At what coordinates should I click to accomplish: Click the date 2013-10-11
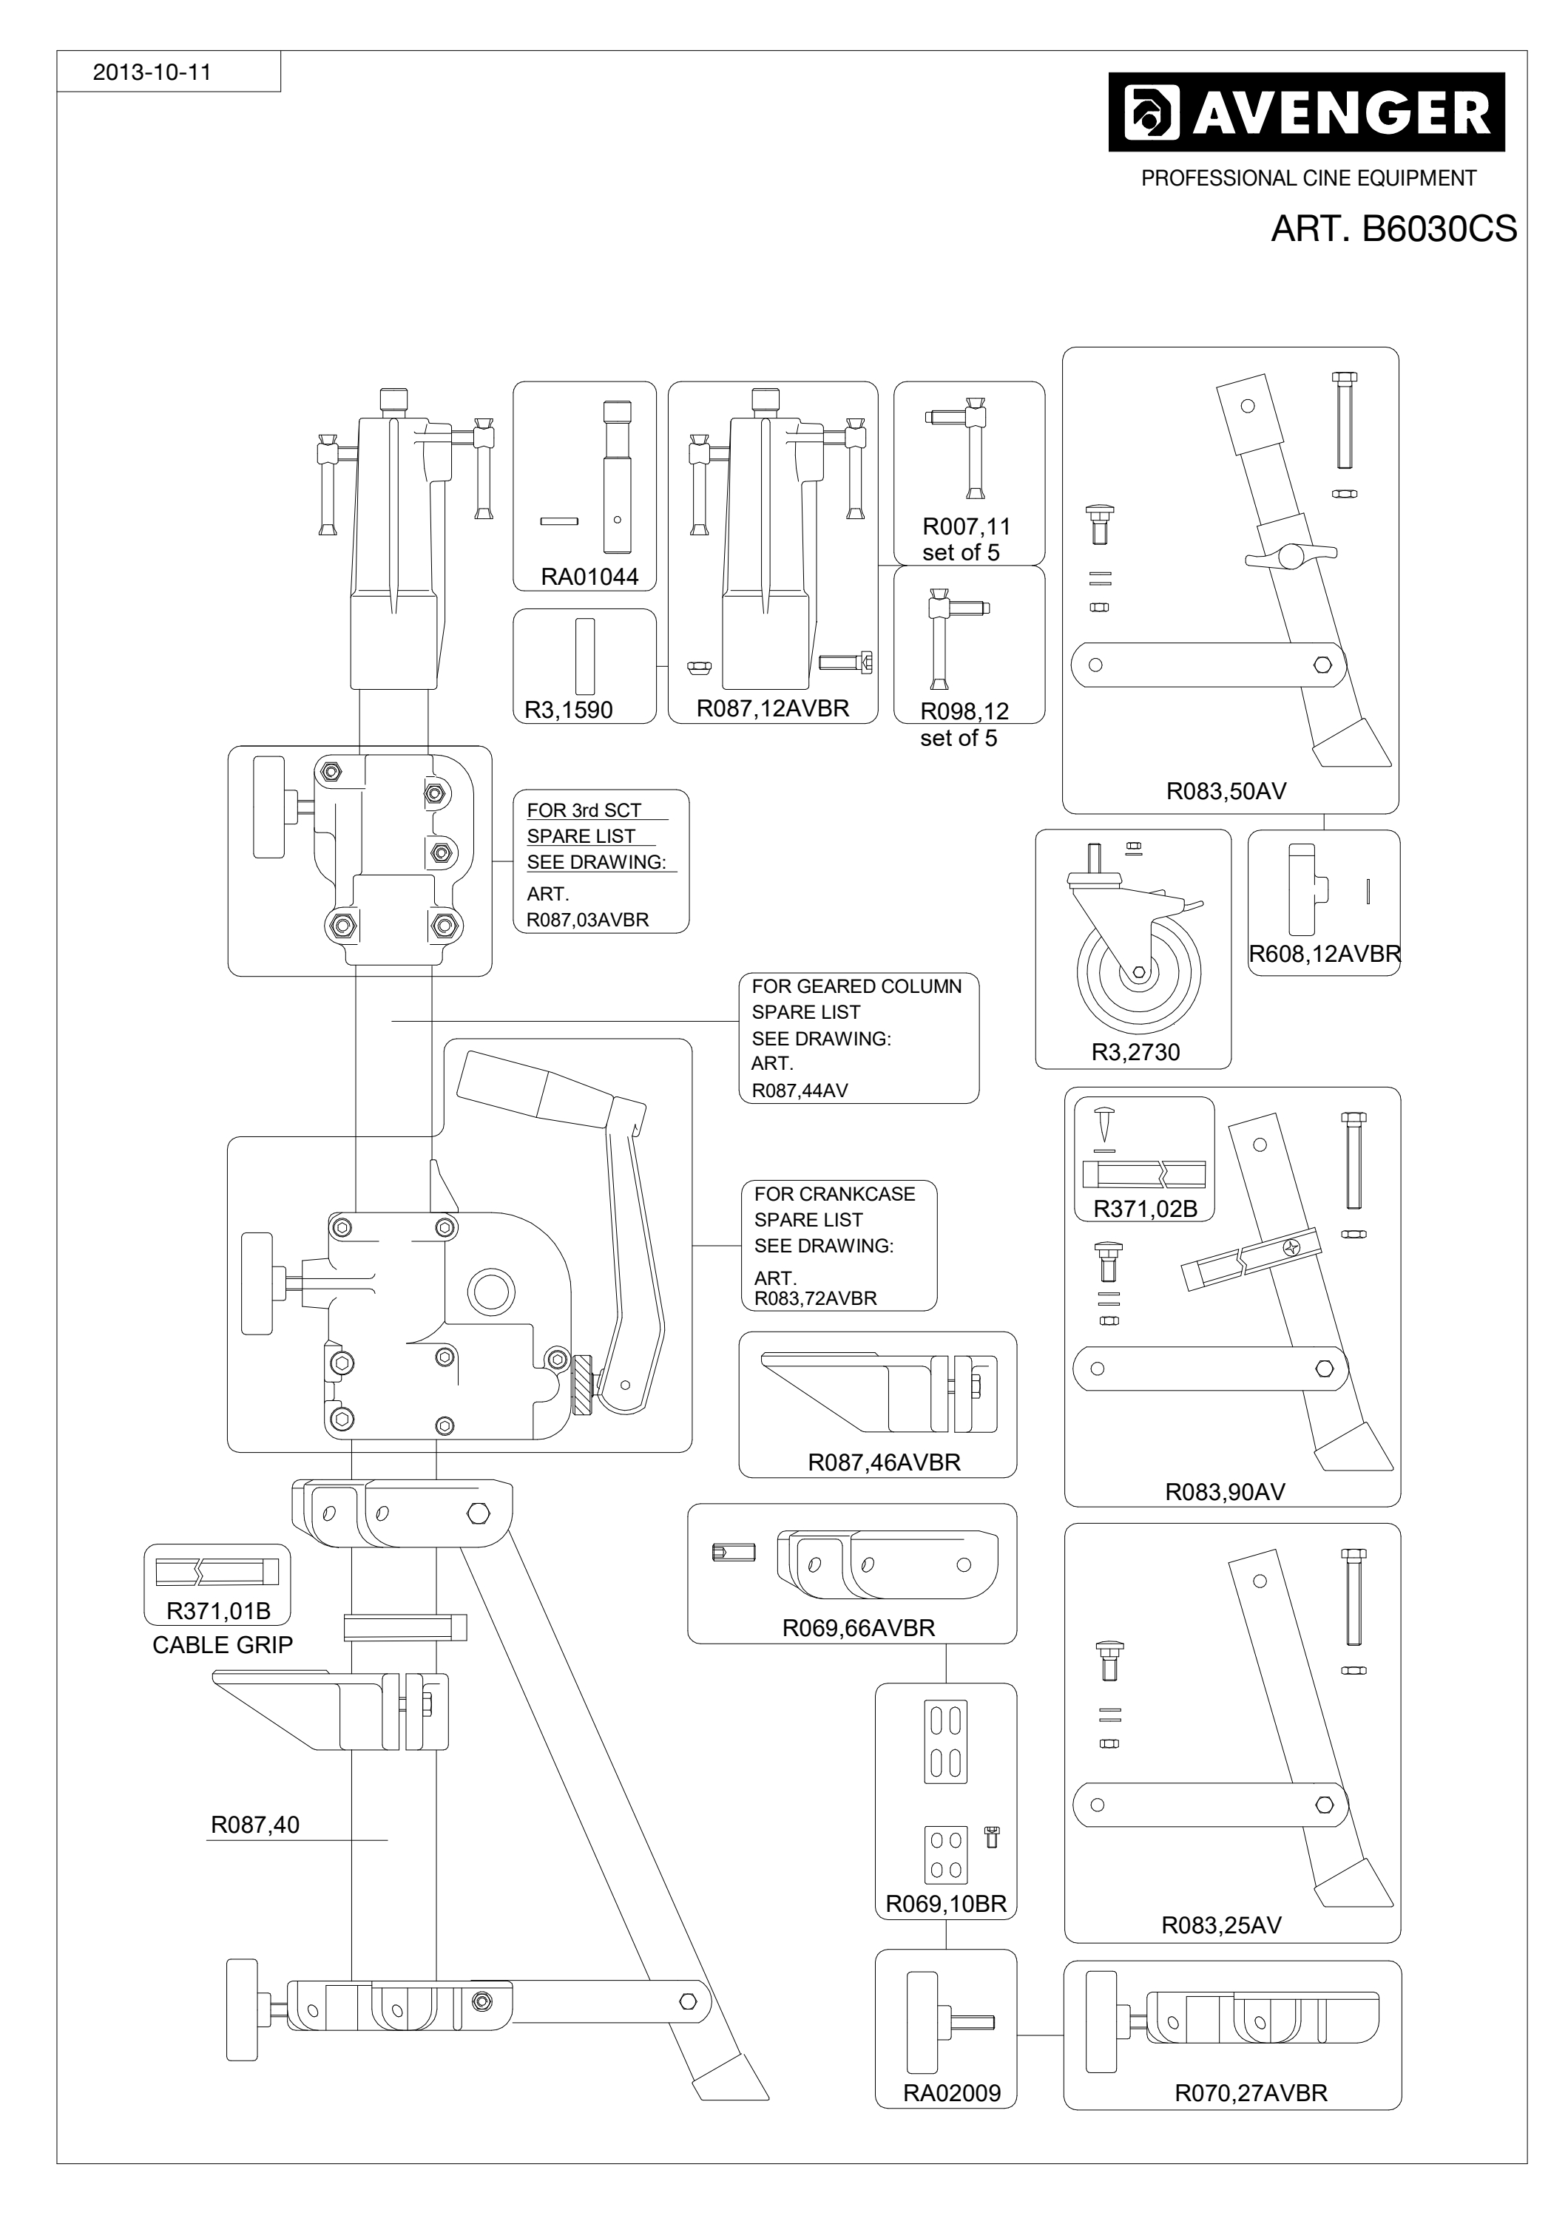152,72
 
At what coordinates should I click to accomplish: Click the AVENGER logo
1306,112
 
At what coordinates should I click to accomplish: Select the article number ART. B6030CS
1393,229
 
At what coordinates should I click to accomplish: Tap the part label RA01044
589,577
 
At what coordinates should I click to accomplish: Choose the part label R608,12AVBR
1325,954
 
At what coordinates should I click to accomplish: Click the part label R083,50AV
1226,791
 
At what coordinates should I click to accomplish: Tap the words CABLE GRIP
222,1645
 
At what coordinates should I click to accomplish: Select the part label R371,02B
1145,1209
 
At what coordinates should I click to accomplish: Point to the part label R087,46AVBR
884,1462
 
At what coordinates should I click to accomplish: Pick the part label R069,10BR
946,1904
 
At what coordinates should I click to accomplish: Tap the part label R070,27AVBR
1251,2093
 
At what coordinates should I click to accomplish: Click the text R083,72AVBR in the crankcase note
815,1298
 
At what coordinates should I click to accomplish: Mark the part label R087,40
255,1825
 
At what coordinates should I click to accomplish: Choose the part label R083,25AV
1221,1925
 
